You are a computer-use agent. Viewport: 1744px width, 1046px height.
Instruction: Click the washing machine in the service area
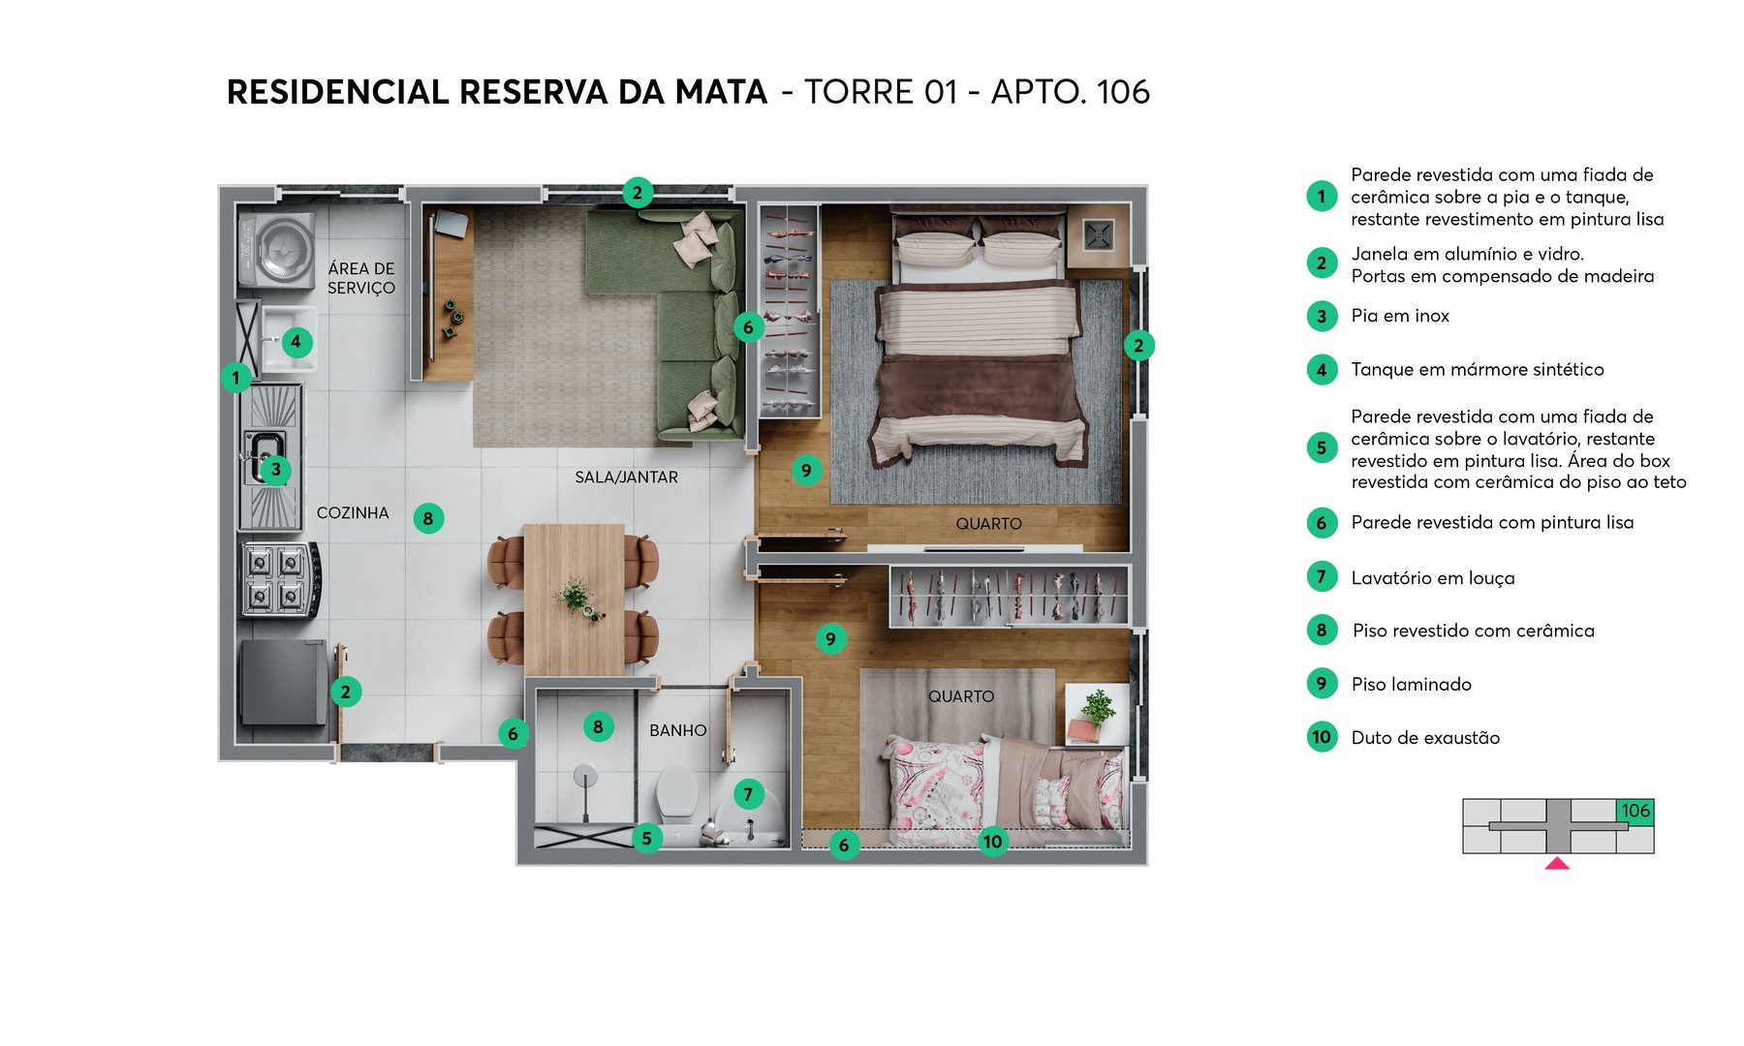(277, 251)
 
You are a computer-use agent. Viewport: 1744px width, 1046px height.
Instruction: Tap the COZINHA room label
(353, 513)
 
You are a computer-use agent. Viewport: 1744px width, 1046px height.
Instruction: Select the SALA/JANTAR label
(626, 477)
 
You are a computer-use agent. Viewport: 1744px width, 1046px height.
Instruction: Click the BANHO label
(677, 730)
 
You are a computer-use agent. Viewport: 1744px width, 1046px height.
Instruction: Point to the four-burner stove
(279, 580)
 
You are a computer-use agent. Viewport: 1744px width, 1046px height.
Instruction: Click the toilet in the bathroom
(677, 789)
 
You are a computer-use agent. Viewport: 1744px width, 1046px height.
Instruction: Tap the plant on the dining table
(578, 597)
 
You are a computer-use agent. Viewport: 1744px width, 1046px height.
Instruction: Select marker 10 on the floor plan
(992, 842)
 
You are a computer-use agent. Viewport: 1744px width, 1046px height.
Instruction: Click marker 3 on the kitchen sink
(276, 470)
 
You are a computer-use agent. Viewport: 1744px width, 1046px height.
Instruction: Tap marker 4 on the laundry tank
(296, 341)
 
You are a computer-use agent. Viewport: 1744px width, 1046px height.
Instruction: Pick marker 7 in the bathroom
(748, 795)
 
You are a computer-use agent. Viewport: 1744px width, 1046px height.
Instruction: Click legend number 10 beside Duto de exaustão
(1322, 737)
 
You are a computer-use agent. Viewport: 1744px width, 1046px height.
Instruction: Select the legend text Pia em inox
(1400, 316)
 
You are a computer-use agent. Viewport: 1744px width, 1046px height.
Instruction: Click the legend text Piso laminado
(1411, 685)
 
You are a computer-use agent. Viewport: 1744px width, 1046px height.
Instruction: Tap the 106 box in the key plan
(1635, 811)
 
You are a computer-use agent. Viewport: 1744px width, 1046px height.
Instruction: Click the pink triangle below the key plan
(1557, 863)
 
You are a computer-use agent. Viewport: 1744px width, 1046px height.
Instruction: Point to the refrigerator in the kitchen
(284, 682)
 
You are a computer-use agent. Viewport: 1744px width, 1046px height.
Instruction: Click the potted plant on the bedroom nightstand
(1098, 707)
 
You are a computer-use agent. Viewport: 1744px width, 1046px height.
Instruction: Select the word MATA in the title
(721, 92)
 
